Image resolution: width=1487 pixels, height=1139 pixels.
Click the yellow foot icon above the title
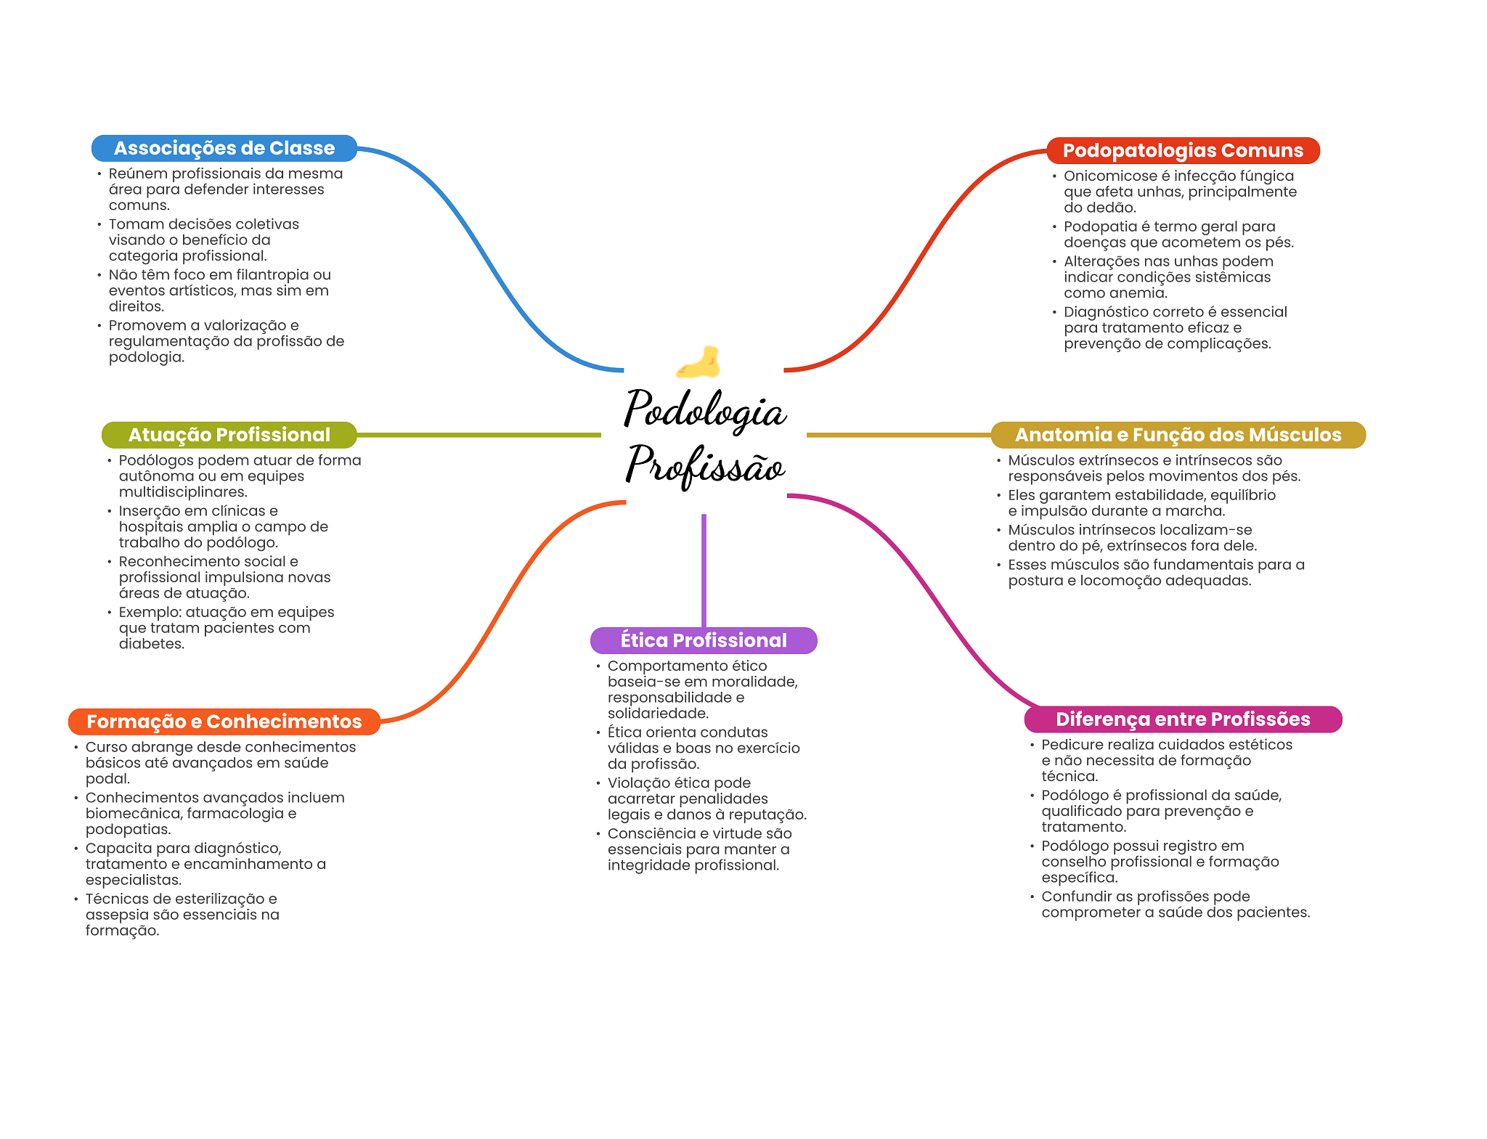coord(698,362)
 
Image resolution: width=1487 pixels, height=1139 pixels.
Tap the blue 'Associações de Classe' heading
coord(224,148)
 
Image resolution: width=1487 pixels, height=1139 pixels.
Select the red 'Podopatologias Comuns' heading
coord(1183,150)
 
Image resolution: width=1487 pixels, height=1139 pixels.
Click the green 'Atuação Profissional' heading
coord(229,435)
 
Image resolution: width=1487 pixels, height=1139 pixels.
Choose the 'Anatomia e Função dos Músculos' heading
coord(1178,435)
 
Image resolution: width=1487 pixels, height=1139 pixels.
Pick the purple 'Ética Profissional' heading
coord(704,640)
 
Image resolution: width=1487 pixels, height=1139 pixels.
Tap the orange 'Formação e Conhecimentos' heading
coord(224,722)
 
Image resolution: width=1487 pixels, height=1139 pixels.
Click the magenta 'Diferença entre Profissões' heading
coord(1183,719)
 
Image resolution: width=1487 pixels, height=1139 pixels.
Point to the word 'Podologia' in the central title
coord(705,409)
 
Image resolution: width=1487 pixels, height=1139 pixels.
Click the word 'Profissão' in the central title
coord(705,465)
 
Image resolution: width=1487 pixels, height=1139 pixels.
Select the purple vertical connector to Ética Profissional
coord(704,571)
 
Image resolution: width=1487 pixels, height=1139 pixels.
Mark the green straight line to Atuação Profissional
coord(479,435)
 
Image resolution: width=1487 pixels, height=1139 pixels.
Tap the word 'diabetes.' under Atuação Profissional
coord(152,644)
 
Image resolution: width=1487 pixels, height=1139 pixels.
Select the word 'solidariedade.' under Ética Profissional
coord(658,714)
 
